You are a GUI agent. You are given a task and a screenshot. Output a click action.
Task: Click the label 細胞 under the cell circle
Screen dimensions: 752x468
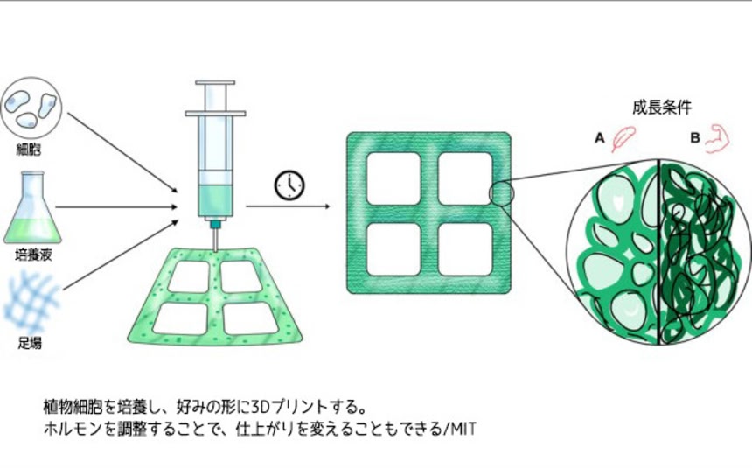[x=29, y=150]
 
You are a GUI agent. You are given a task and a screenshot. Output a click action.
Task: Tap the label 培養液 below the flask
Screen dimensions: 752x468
[x=33, y=255]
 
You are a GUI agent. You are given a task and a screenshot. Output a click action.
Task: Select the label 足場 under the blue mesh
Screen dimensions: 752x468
[x=30, y=343]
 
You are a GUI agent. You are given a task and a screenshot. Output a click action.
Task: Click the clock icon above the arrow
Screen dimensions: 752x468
[x=289, y=185]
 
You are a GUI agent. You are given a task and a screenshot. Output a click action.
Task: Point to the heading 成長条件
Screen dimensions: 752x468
[x=662, y=108]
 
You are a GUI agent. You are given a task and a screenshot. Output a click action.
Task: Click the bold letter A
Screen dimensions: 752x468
[x=600, y=138]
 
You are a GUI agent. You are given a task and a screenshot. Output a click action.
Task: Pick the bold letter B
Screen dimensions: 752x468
[x=695, y=138]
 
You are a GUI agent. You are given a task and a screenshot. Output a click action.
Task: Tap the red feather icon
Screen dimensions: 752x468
[x=623, y=139]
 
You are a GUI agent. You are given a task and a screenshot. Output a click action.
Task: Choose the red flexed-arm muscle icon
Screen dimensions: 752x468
[x=717, y=139]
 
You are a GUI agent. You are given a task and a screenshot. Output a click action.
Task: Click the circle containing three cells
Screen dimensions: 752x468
[x=31, y=108]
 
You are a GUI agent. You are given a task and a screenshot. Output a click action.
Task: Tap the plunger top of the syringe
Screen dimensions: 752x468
[x=215, y=82]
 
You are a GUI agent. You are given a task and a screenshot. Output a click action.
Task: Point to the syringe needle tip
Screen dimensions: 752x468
[x=215, y=250]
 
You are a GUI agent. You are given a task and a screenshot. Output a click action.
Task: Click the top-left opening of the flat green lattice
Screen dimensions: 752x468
[x=393, y=178]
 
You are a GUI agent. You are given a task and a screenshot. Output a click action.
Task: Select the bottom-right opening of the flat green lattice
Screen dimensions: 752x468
[x=465, y=249]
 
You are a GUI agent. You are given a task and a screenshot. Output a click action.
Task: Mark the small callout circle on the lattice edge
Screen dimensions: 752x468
[x=502, y=194]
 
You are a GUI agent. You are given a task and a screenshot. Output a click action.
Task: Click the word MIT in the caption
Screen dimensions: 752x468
[x=462, y=429]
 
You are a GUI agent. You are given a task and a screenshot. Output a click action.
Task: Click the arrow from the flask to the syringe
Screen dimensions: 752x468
[x=116, y=207]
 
